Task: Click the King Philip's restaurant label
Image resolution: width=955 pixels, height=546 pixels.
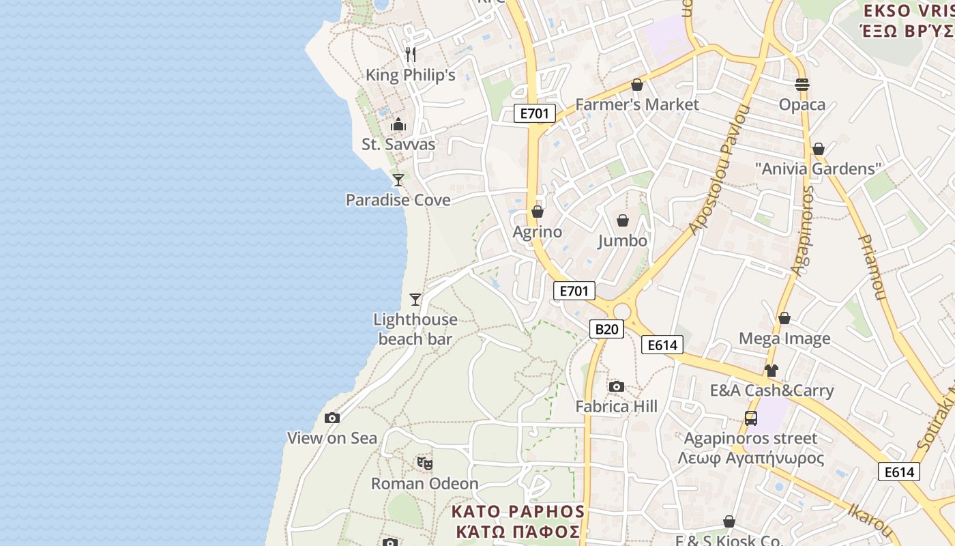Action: click(x=410, y=75)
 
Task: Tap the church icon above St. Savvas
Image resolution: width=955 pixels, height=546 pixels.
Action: click(x=398, y=124)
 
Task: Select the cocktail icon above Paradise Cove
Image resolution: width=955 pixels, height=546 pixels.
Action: click(x=398, y=179)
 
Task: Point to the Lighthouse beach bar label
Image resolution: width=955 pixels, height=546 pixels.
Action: click(x=415, y=329)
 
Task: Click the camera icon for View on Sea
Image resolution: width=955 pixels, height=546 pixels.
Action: click(x=332, y=418)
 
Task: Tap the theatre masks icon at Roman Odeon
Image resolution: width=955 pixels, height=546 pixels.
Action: click(x=425, y=463)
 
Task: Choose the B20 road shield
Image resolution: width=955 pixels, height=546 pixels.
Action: click(x=606, y=330)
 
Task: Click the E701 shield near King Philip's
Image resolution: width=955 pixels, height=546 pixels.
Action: click(x=534, y=113)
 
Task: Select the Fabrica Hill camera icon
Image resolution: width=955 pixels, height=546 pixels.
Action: click(x=617, y=387)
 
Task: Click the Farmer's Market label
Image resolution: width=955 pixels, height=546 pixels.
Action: click(x=637, y=104)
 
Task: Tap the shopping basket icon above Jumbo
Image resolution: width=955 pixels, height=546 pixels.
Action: click(x=623, y=220)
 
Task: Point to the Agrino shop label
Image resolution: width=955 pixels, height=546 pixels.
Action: click(x=538, y=232)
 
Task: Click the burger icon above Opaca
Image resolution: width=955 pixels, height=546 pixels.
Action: click(x=802, y=85)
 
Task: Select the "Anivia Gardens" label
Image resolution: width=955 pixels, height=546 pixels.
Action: click(x=819, y=169)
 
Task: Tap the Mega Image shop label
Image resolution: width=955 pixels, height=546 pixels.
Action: click(x=784, y=339)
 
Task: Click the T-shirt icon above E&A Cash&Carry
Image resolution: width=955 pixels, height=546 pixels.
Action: click(x=771, y=371)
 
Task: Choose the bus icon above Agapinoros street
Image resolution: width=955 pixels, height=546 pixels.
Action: click(x=751, y=418)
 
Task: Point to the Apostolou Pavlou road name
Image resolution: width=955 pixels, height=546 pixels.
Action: click(x=719, y=171)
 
